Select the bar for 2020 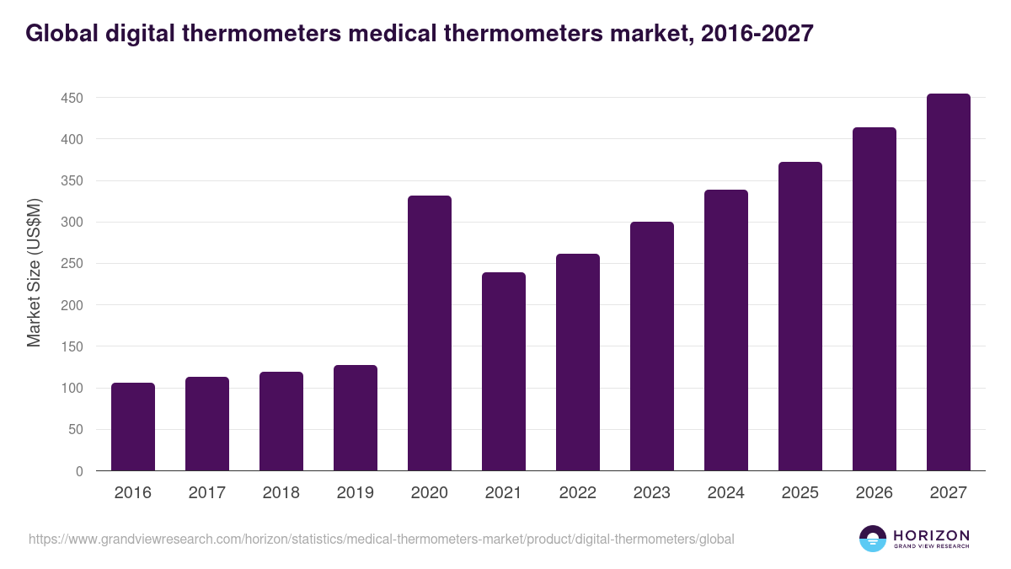point(430,333)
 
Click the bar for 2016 point(133,427)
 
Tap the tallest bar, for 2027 point(949,282)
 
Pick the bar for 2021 point(504,371)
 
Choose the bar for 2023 point(652,346)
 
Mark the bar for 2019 point(356,417)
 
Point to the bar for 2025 point(800,316)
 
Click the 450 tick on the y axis point(72,98)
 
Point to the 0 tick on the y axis point(79,471)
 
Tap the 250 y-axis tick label point(72,264)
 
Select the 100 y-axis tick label point(72,389)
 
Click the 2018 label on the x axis point(281,493)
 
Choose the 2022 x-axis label point(578,493)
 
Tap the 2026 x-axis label point(875,493)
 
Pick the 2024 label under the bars point(726,493)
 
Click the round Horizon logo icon point(873,539)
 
